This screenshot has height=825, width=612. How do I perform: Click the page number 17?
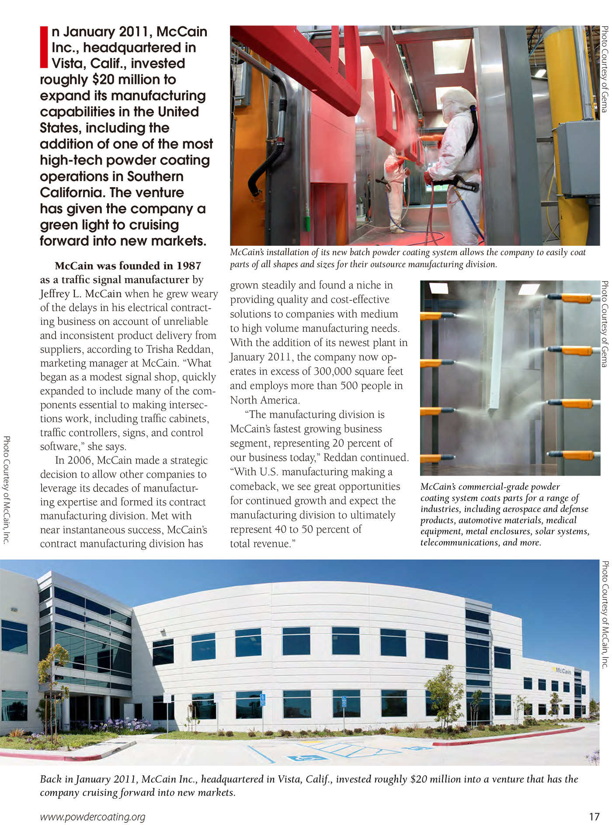click(594, 817)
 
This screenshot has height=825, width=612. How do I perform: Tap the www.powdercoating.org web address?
click(92, 817)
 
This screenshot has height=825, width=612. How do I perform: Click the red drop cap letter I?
click(44, 47)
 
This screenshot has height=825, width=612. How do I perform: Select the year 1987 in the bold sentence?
click(189, 266)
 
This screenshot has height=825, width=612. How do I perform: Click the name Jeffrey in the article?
click(56, 294)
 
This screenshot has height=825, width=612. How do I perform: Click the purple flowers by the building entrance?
click(127, 724)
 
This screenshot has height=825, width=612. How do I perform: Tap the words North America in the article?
click(265, 400)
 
